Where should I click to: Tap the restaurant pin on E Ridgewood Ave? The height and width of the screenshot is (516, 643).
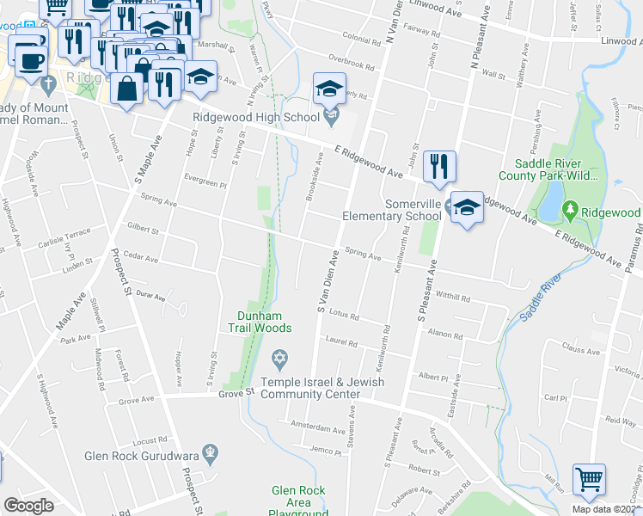coord(439,166)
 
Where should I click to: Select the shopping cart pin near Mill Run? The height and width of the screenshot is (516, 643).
coord(589,480)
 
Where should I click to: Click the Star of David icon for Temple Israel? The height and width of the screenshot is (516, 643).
coord(279,357)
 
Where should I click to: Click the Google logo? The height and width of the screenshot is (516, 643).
coord(28,506)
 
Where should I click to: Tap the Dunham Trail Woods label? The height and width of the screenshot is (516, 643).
coord(260,322)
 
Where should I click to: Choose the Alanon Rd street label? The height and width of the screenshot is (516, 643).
coord(445,333)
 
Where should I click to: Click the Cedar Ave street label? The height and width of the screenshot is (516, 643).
coord(141,257)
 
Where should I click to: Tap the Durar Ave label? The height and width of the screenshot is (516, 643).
coord(150,295)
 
